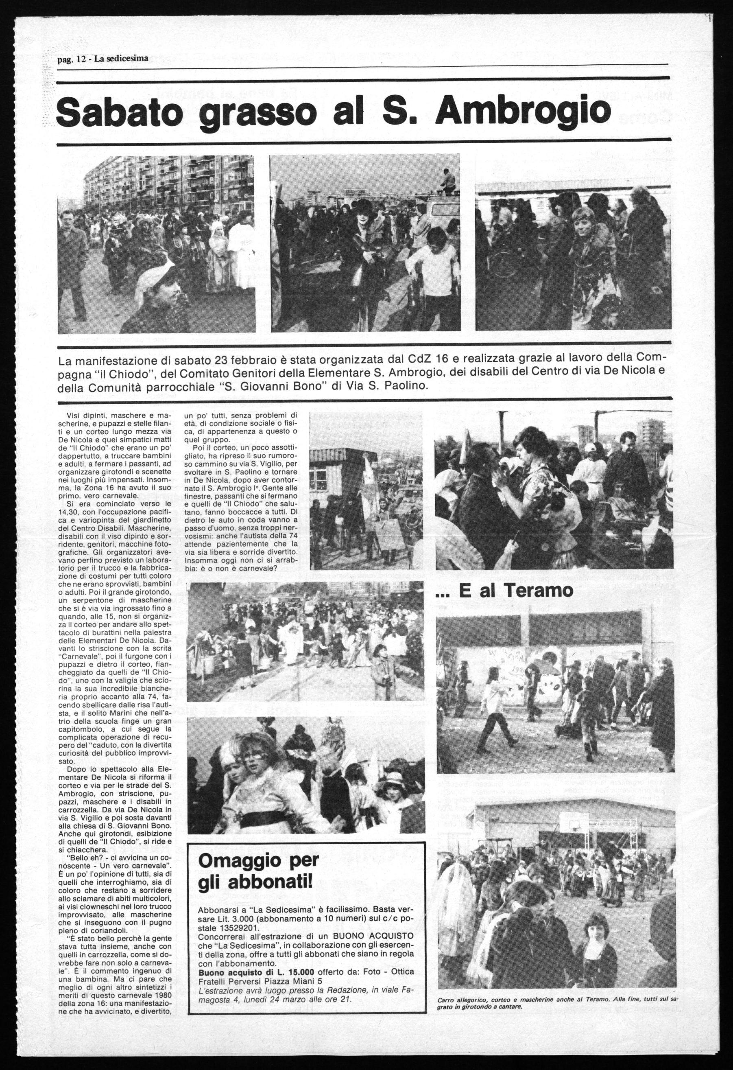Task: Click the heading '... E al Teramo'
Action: point(504,591)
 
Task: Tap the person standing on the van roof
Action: point(445,180)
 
